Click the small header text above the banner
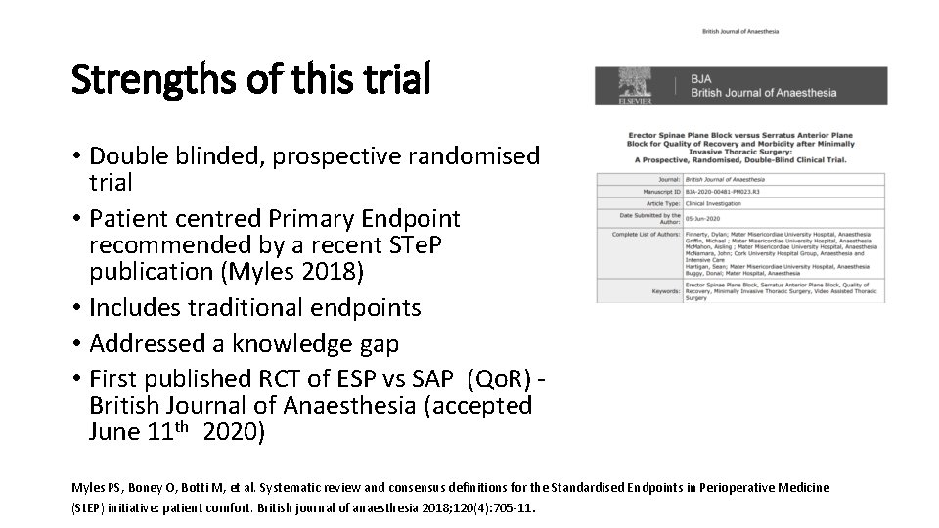740,31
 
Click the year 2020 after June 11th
234,431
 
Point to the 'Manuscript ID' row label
654,192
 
